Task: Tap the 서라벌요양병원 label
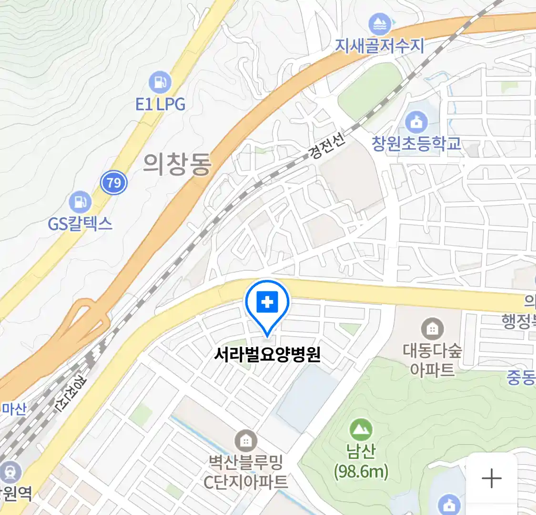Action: click(x=267, y=355)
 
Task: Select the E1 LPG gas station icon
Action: click(x=160, y=82)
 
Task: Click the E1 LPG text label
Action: click(x=160, y=104)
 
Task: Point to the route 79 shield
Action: click(x=114, y=183)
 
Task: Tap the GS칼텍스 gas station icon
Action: click(x=80, y=202)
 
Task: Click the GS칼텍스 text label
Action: click(x=80, y=223)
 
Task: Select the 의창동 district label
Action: click(x=177, y=165)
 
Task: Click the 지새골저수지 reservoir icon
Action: click(x=380, y=24)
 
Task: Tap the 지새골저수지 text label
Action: click(x=380, y=46)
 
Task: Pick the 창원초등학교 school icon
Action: click(x=416, y=123)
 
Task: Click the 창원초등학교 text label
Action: click(x=416, y=144)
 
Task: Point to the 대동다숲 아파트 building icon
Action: click(x=432, y=329)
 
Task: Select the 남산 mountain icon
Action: click(x=361, y=430)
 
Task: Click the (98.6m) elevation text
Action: click(x=361, y=472)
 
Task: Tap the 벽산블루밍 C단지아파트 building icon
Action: click(x=246, y=441)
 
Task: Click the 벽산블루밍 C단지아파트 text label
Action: click(x=246, y=472)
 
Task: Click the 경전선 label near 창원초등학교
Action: click(x=326, y=145)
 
